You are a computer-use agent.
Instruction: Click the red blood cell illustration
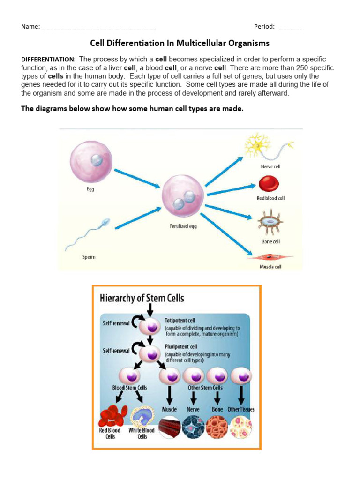269,184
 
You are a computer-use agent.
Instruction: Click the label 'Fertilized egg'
183,226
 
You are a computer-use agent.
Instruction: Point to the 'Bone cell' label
270,241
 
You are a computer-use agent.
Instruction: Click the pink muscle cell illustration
270,257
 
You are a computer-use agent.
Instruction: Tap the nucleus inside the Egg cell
96,160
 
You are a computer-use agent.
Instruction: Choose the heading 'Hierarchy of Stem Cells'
142,298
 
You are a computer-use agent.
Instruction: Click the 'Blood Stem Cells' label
130,388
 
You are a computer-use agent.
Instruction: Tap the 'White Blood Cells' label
142,433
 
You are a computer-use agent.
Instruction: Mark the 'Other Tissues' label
241,409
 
